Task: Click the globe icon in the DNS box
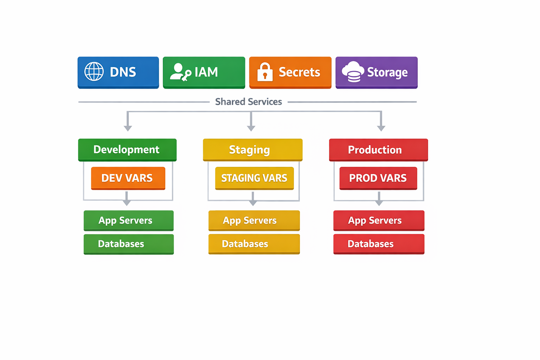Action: click(x=94, y=72)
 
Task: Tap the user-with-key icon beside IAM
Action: click(x=180, y=72)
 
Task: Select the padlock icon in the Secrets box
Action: click(x=265, y=72)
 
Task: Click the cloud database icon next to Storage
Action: click(x=353, y=72)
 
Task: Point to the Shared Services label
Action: click(x=248, y=102)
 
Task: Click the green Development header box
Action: click(x=127, y=150)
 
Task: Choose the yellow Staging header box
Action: click(x=252, y=150)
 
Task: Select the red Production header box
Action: click(x=378, y=150)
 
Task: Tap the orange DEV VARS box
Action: click(x=128, y=178)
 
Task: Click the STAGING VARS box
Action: click(x=254, y=178)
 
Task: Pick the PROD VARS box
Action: click(x=378, y=178)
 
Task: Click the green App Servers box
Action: click(x=128, y=220)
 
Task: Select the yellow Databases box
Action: click(x=254, y=244)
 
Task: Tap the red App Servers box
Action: click(x=379, y=220)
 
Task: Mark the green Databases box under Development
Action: click(x=128, y=244)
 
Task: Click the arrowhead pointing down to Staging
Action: click(x=251, y=128)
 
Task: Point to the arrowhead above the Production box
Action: click(x=381, y=128)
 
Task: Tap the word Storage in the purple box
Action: click(x=387, y=72)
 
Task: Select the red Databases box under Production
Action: click(x=379, y=244)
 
